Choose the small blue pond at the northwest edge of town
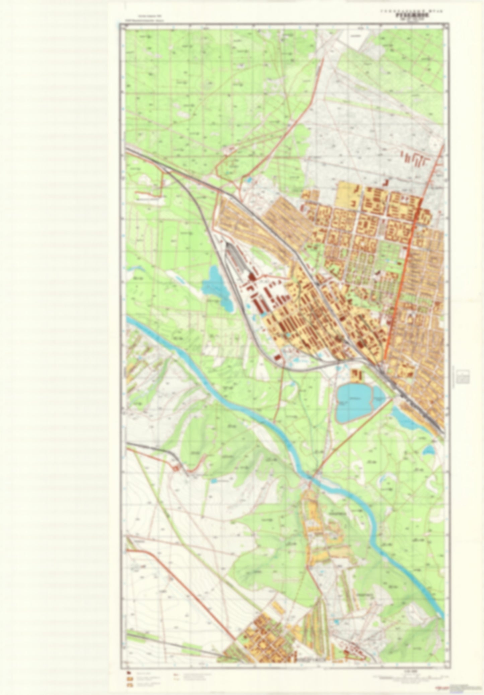[x=250, y=180]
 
